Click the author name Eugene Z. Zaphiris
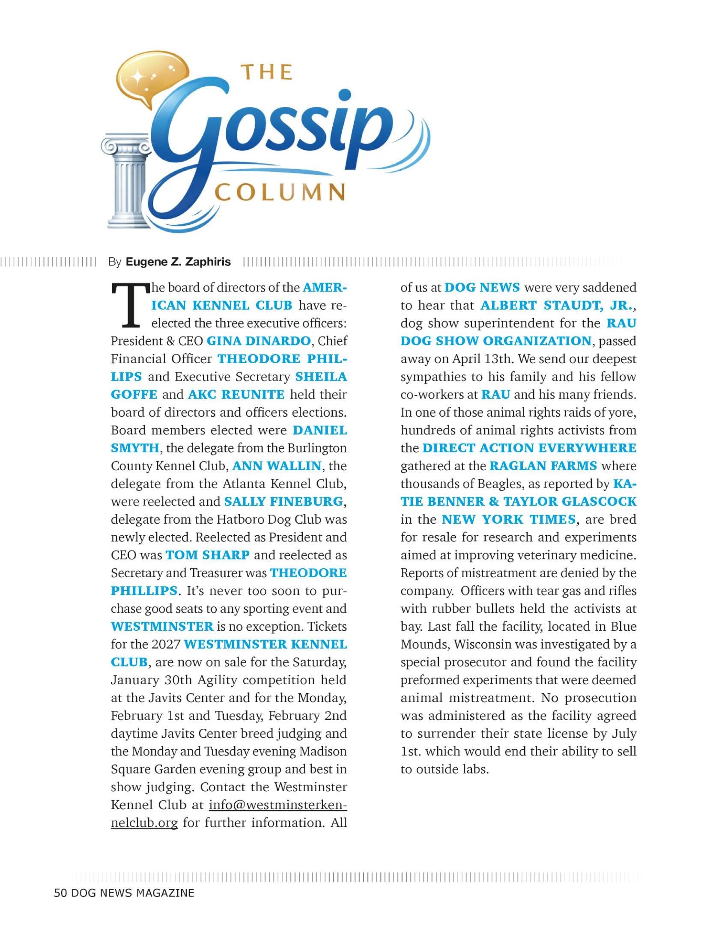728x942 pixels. (178, 262)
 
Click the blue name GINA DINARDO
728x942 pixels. (259, 341)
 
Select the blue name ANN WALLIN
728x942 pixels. (277, 466)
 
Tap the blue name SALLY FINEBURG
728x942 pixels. (283, 502)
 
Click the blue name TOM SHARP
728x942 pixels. (207, 555)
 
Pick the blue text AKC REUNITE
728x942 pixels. (236, 394)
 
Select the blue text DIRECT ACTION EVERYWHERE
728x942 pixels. (529, 448)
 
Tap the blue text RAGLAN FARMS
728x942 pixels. (543, 466)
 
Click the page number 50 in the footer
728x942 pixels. (60, 893)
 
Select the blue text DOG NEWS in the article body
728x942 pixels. (482, 287)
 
